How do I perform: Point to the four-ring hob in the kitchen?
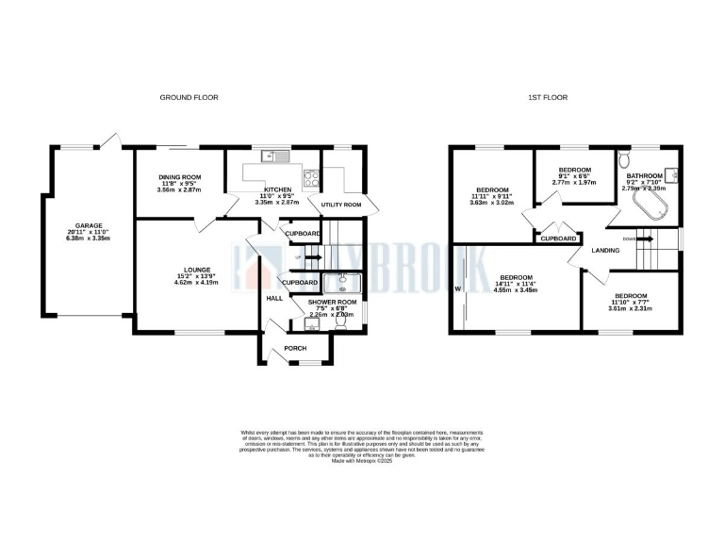[x=310, y=177]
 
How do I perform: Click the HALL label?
[x=274, y=298]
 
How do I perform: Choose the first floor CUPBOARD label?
[x=558, y=239]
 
